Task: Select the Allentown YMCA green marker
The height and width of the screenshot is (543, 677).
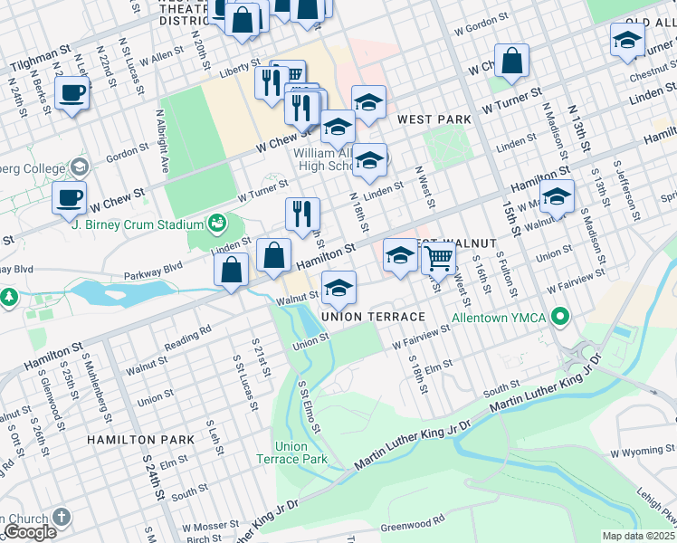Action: point(560,317)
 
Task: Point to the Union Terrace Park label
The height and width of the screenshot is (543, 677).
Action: point(302,452)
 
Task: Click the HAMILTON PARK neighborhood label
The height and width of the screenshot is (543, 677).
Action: point(140,439)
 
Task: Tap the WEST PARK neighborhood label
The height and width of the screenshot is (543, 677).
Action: point(434,119)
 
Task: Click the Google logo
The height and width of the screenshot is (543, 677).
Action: point(30,532)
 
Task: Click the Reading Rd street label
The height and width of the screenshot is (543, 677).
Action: point(188,340)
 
